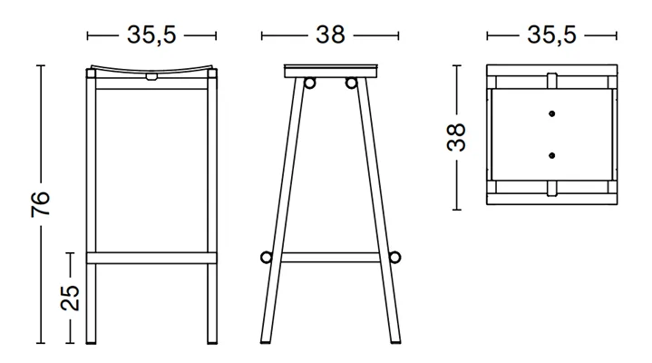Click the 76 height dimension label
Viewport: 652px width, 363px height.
(x=40, y=204)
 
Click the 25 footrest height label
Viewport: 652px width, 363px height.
(x=70, y=298)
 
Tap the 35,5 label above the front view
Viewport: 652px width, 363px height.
(x=151, y=35)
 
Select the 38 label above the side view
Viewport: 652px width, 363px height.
(x=330, y=35)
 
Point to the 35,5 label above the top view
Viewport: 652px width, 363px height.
(x=551, y=35)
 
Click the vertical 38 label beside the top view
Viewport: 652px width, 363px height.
(x=456, y=137)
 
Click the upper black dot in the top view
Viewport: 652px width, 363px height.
(x=551, y=113)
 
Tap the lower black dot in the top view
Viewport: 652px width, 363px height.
(x=551, y=155)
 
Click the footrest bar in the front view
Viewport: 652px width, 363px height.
(x=151, y=258)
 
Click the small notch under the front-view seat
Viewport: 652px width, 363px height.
(x=151, y=77)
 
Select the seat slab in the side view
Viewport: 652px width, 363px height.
(x=331, y=71)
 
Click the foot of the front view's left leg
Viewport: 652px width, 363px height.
(x=91, y=341)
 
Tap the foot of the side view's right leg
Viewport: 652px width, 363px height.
(x=396, y=341)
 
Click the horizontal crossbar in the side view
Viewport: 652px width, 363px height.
(x=331, y=257)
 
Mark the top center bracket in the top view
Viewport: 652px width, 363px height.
(x=551, y=81)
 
